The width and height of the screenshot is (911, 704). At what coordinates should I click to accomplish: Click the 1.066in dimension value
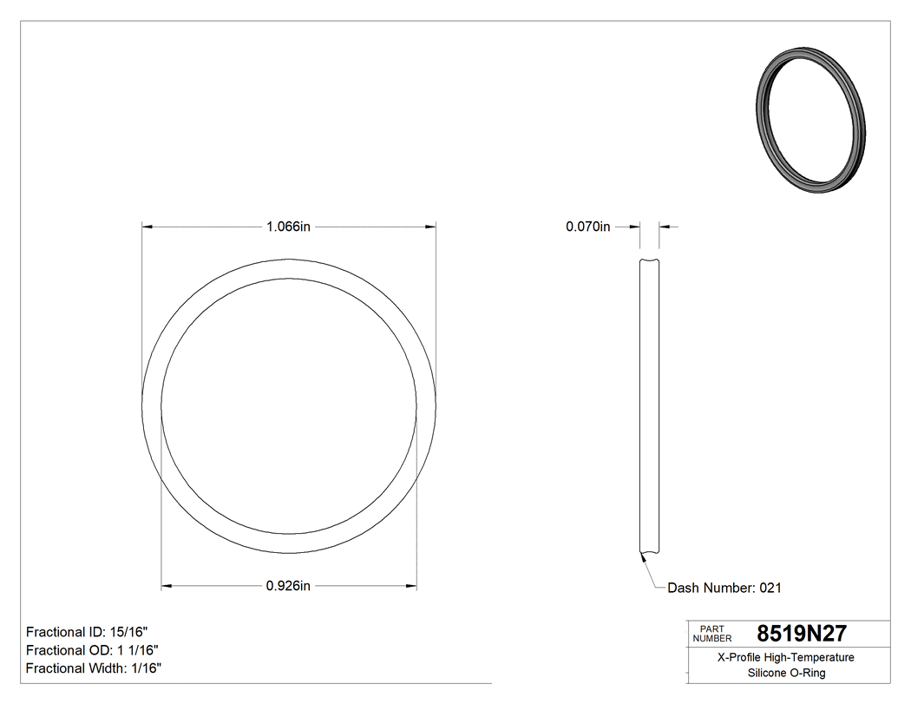point(288,227)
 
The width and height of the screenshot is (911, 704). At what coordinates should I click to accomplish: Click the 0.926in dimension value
point(288,587)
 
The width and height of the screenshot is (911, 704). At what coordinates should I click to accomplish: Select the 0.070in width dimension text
point(588,227)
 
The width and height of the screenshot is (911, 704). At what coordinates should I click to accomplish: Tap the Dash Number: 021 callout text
point(724,589)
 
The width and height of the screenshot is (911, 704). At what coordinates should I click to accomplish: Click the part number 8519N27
point(802,634)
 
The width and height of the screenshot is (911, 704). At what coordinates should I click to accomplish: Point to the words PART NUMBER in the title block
point(711,634)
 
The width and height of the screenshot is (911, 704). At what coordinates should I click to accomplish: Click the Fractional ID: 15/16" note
point(81,632)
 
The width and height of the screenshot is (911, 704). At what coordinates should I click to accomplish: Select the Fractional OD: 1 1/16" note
point(92,650)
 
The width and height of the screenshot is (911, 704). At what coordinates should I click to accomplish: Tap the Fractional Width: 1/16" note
point(94,668)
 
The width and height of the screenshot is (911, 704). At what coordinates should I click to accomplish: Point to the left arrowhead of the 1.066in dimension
point(147,227)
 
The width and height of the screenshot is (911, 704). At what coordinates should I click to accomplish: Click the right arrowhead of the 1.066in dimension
point(430,227)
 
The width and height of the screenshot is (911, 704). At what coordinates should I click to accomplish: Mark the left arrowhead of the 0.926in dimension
point(167,587)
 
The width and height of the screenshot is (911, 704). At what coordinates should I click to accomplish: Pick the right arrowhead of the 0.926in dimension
point(411,587)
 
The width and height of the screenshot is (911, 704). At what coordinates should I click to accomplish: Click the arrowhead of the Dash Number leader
point(643,558)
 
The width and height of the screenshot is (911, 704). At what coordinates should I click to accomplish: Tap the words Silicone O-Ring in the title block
point(787,673)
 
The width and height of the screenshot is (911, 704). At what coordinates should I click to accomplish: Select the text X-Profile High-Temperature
point(787,657)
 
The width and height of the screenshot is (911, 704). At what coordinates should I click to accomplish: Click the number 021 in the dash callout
point(770,589)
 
